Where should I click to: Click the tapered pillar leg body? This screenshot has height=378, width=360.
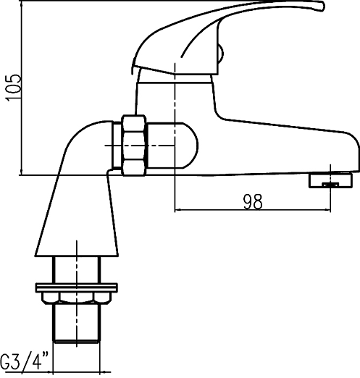coord(76,217)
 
